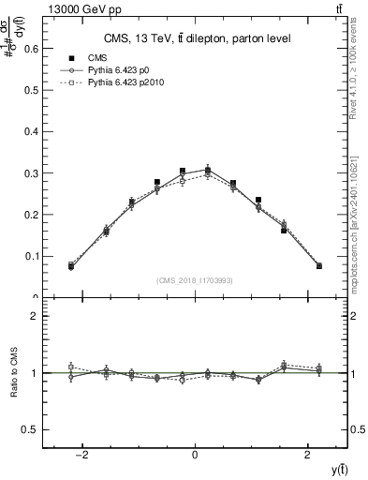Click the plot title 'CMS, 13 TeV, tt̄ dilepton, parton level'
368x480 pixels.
(x=196, y=38)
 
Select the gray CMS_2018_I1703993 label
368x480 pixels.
(x=196, y=280)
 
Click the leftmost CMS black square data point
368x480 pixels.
(x=71, y=266)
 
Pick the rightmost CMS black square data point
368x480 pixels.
(x=319, y=266)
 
